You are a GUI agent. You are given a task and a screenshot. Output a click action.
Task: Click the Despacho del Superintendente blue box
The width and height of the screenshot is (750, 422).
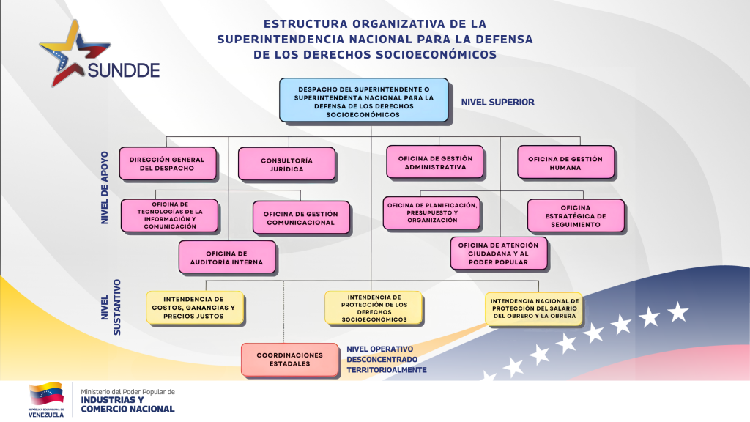tap(363, 100)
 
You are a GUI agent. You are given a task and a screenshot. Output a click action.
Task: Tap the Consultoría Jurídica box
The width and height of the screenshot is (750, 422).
tap(286, 164)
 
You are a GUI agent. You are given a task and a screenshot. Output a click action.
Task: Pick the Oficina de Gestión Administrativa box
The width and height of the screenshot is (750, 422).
tap(435, 163)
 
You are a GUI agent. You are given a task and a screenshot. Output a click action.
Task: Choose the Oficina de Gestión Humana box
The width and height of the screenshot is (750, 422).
tap(565, 163)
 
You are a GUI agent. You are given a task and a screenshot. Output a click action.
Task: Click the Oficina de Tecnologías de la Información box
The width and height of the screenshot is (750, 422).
tap(169, 215)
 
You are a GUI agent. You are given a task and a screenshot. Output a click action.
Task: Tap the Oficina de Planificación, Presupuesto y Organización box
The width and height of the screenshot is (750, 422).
tap(431, 212)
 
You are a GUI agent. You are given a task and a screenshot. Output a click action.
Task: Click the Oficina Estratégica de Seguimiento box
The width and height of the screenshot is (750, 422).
tap(576, 216)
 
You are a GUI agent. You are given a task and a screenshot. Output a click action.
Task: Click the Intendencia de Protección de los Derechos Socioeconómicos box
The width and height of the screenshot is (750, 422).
tap(374, 308)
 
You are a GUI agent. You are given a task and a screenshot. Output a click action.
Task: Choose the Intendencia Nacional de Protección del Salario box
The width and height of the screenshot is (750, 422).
tap(535, 308)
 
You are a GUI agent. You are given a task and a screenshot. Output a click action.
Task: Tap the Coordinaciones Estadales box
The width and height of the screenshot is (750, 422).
tap(290, 359)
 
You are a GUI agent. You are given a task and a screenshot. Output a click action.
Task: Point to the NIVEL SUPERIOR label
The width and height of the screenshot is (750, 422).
tap(497, 103)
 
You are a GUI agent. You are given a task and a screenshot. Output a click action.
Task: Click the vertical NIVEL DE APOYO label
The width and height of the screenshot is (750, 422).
tap(105, 187)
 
